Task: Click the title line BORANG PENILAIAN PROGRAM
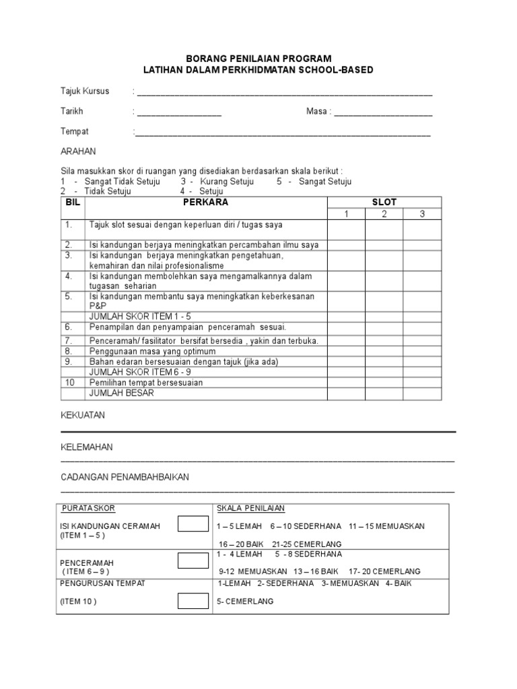click(x=259, y=59)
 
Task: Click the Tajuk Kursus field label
click(x=85, y=92)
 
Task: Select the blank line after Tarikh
click(x=179, y=112)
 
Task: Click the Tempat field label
click(x=75, y=132)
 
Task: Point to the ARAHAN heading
click(x=79, y=151)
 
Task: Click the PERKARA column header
click(x=205, y=202)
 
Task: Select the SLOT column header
click(x=384, y=202)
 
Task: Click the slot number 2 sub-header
click(x=384, y=214)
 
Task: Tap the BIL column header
click(x=72, y=202)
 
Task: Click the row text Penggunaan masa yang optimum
click(x=152, y=351)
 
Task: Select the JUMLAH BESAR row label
click(x=121, y=393)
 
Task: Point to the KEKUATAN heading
click(x=83, y=416)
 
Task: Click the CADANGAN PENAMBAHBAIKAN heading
click(x=125, y=477)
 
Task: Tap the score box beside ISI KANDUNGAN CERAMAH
click(x=193, y=524)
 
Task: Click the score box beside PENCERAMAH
click(x=193, y=560)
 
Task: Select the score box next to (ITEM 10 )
click(x=193, y=601)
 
